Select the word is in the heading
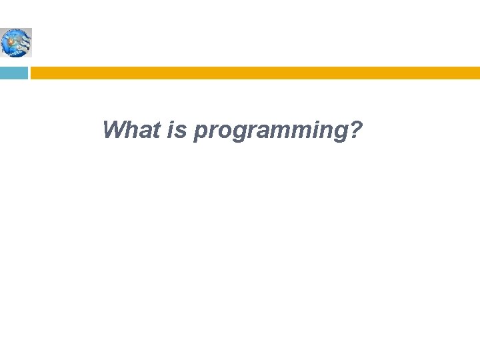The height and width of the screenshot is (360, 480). pyautogui.click(x=177, y=129)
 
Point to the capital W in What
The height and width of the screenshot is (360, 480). pyautogui.click(x=114, y=129)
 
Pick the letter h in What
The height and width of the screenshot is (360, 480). pyautogui.click(x=131, y=129)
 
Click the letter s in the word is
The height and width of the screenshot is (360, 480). pyautogui.click(x=182, y=131)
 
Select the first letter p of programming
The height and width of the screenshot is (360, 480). pyautogui.click(x=199, y=132)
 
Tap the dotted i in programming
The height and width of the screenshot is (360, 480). pyautogui.click(x=314, y=129)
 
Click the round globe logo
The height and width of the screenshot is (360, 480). pyautogui.click(x=16, y=43)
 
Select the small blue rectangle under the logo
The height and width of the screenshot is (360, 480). pyautogui.click(x=13, y=73)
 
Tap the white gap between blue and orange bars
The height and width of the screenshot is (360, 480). pyautogui.click(x=29, y=73)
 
